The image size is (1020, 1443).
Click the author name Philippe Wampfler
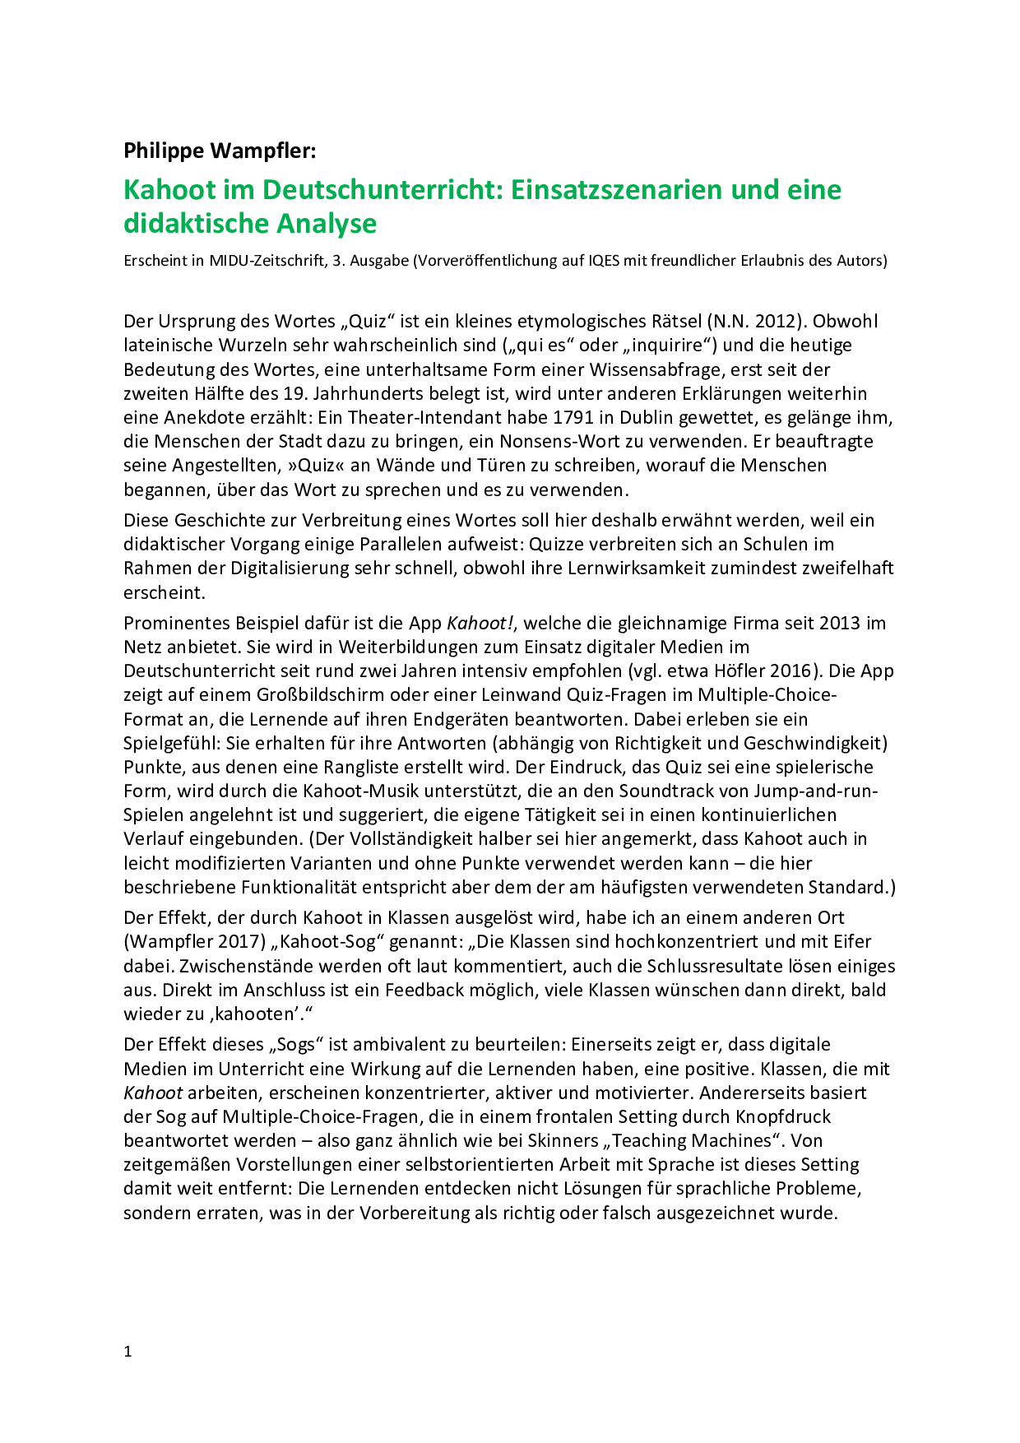(219, 151)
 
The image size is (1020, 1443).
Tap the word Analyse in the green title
(327, 224)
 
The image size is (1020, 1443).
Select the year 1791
(550, 418)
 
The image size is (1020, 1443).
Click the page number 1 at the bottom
(128, 1352)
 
